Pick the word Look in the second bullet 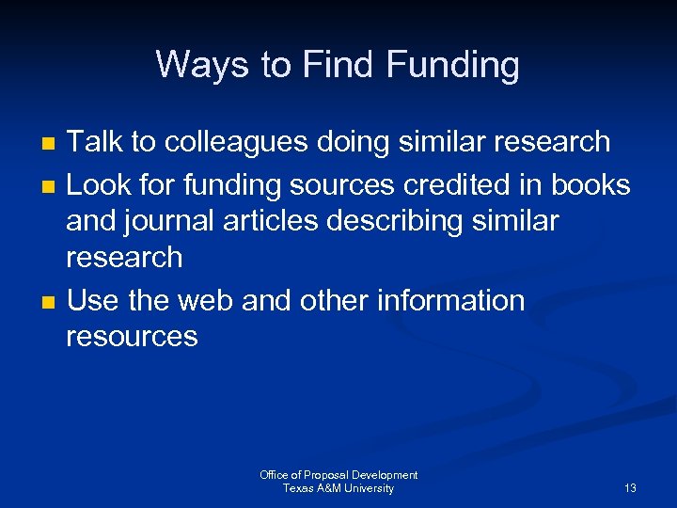100,185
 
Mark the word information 450,301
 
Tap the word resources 132,337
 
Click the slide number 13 630,488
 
